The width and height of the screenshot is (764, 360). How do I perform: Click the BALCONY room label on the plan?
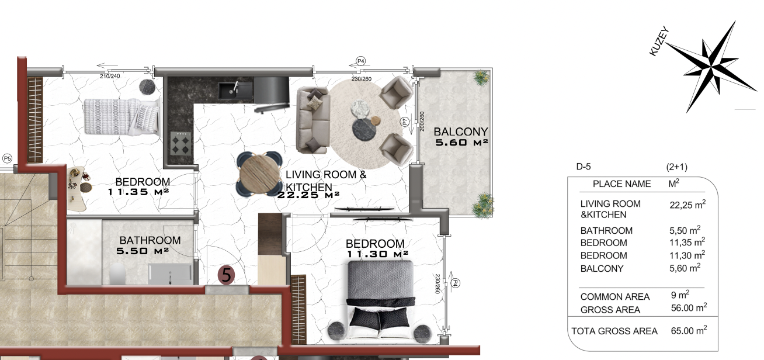[x=461, y=131]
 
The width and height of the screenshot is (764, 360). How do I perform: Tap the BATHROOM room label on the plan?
[x=150, y=240]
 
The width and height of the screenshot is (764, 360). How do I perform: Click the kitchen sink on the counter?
[x=235, y=90]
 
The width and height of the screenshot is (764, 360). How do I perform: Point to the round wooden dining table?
[x=259, y=174]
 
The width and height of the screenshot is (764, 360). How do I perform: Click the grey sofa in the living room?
[x=312, y=120]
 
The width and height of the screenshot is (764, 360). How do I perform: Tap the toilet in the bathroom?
[x=117, y=274]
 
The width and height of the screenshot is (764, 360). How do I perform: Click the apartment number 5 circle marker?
[x=226, y=275]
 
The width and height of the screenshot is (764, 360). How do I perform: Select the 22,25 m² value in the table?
[x=687, y=205]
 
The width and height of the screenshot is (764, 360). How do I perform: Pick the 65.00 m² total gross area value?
[x=689, y=330]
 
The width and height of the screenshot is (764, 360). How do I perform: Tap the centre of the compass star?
[x=711, y=67]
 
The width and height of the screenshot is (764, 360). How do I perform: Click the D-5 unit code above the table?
[x=584, y=167]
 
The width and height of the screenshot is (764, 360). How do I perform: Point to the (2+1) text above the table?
[x=677, y=167]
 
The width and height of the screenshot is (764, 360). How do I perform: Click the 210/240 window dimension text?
[x=110, y=76]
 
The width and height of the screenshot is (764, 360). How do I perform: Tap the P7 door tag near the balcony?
[x=405, y=122]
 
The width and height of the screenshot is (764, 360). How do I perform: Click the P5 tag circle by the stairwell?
[x=7, y=158]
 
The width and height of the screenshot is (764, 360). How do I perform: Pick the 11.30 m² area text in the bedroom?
[x=377, y=254]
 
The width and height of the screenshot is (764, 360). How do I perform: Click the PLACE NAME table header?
[x=621, y=184]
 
